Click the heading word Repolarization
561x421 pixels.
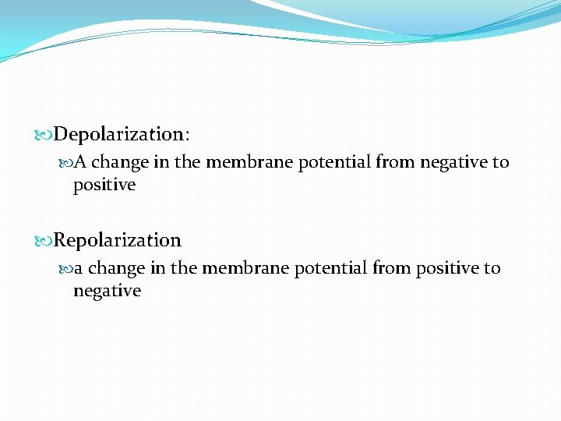[117, 240]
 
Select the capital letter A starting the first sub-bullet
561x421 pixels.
[80, 163]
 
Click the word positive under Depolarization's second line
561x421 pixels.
[104, 186]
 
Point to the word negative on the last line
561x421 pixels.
[107, 292]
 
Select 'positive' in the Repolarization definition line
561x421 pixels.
[447, 269]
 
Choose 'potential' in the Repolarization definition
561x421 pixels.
[331, 269]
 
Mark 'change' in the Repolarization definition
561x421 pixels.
[116, 269]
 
